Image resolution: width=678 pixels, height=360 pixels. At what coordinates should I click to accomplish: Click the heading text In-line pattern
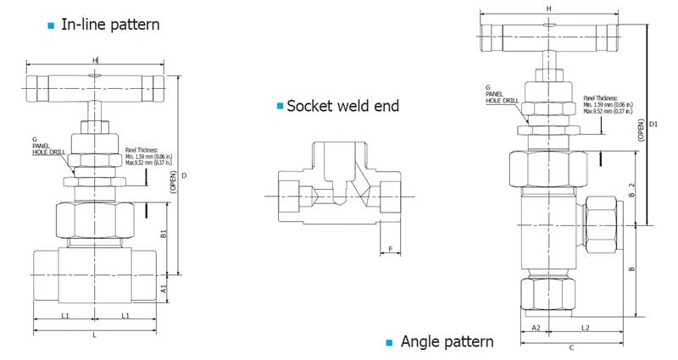(110, 25)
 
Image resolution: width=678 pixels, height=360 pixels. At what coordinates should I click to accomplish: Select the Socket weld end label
(342, 106)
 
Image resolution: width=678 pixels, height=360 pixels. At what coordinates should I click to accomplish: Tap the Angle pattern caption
(447, 341)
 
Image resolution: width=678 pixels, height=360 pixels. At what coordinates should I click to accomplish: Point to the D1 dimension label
(653, 125)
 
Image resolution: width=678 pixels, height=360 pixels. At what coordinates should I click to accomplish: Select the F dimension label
(390, 250)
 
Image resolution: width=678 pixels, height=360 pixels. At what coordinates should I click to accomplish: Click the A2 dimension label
(536, 326)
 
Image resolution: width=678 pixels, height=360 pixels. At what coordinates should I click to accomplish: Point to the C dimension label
(571, 346)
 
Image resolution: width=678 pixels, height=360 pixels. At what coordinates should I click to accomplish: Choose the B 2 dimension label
(631, 188)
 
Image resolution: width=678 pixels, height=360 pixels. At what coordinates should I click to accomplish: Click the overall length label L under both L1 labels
(94, 335)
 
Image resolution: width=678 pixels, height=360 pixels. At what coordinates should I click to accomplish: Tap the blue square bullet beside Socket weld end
(280, 106)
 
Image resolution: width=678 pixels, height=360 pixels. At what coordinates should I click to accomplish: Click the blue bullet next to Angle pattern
(390, 342)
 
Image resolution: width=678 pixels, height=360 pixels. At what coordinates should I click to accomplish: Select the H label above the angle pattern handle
(549, 8)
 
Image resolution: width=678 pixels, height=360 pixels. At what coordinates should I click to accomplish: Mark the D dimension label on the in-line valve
(184, 175)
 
